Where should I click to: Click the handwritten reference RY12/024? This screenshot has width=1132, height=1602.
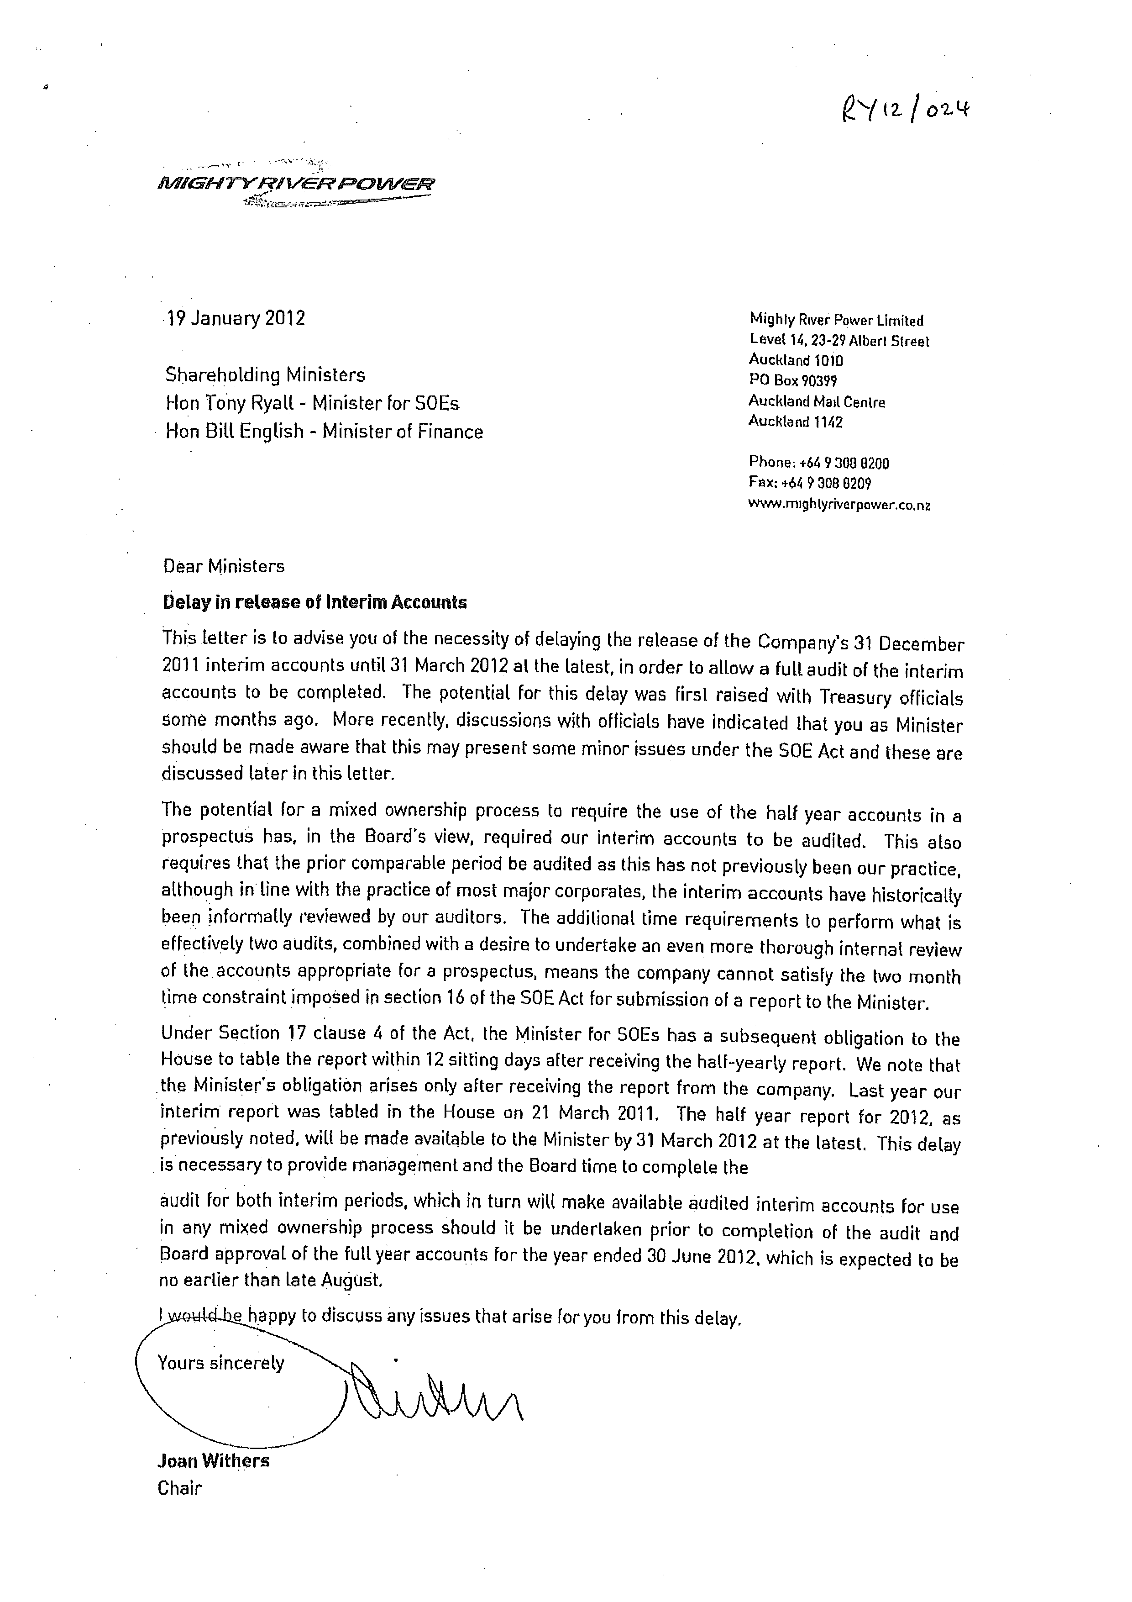click(x=906, y=110)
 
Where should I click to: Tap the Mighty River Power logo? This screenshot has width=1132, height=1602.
click(x=296, y=185)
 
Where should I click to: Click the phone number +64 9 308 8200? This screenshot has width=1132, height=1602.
click(x=844, y=463)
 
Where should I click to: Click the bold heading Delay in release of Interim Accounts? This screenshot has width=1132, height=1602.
click(x=314, y=602)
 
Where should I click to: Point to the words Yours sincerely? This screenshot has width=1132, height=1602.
click(x=220, y=1363)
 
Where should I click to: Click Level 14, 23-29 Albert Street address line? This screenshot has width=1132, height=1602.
click(x=839, y=341)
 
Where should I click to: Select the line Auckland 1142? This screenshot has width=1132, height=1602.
click(x=795, y=422)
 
